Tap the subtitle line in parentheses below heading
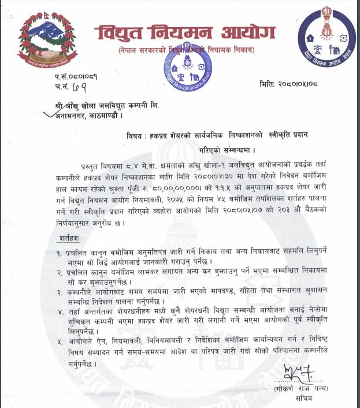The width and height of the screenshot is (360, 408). [x=186, y=51]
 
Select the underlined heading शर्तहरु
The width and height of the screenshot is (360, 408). [x=69, y=238]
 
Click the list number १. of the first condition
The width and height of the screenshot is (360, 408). [x=59, y=253]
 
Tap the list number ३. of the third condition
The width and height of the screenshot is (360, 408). [x=59, y=292]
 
